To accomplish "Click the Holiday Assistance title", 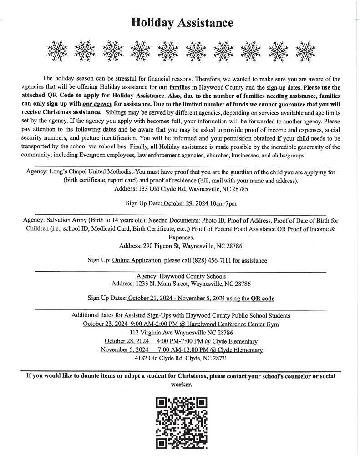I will (x=182, y=23).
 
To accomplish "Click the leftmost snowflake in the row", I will (x=57, y=50).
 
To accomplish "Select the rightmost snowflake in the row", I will (x=306, y=50).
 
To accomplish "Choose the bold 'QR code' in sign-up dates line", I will (x=263, y=299).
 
